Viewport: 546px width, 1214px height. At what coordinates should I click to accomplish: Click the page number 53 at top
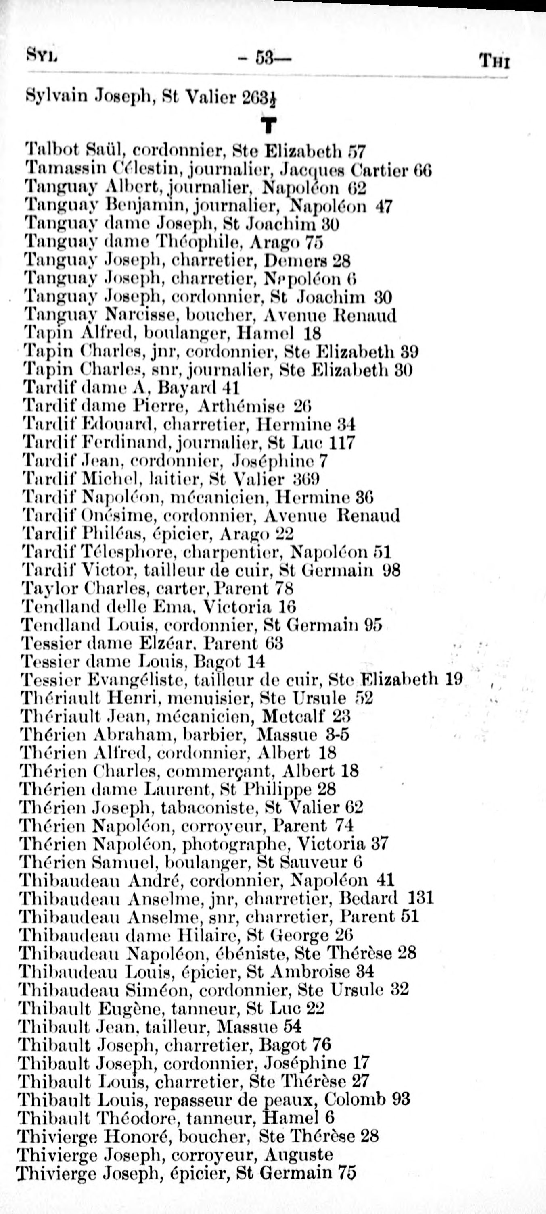pos(266,59)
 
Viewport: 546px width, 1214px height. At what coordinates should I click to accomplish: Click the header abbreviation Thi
pos(494,61)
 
